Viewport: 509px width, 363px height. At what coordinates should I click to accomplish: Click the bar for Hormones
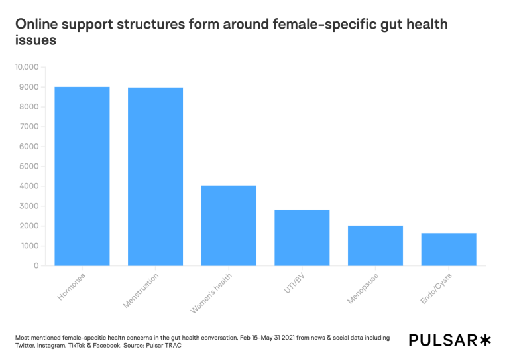click(x=82, y=176)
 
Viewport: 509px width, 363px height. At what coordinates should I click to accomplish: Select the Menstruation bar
click(x=155, y=177)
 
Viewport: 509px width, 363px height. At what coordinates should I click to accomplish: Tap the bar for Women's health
click(x=229, y=226)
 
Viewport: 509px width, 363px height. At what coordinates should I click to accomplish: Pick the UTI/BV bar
click(x=302, y=238)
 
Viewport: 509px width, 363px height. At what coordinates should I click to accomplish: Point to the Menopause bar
click(x=375, y=246)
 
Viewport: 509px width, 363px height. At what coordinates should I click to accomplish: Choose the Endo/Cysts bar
click(x=449, y=249)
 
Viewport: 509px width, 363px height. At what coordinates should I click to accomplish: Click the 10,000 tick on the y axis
click(x=28, y=67)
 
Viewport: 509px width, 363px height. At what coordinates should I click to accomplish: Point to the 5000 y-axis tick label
click(x=30, y=167)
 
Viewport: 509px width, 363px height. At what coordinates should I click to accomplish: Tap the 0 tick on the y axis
click(x=37, y=265)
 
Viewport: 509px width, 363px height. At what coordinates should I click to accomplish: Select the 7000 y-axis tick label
click(x=30, y=127)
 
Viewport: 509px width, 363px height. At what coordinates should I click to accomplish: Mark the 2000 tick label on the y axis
click(x=30, y=226)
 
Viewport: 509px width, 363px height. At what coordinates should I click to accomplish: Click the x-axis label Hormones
click(x=72, y=286)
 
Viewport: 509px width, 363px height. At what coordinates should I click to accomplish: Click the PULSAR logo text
click(x=443, y=340)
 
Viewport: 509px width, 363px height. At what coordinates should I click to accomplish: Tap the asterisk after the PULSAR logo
click(x=486, y=340)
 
